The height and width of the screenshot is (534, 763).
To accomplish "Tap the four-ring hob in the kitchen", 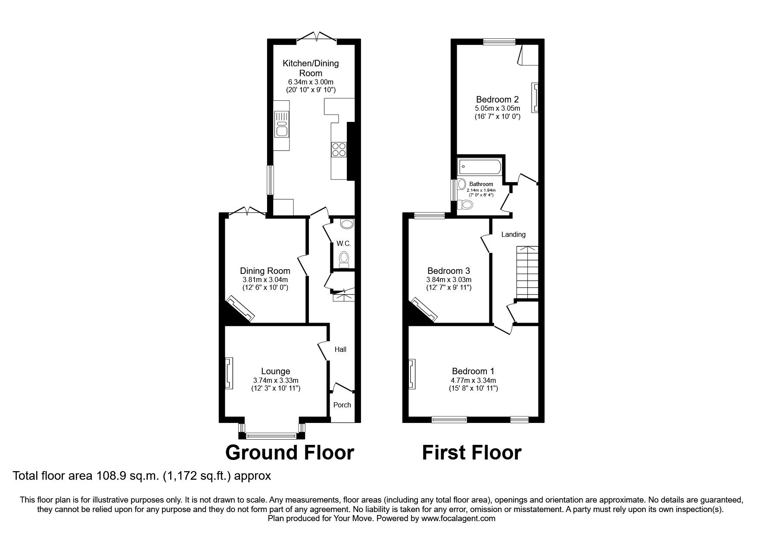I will point(339,149).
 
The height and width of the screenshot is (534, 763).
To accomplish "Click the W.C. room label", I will point(344,243).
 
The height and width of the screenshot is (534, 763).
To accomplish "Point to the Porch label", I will point(342,405).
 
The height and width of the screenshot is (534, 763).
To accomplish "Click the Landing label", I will point(513,235).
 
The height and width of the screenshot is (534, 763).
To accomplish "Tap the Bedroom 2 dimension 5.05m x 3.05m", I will point(497,108).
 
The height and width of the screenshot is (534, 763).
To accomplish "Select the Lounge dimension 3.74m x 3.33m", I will point(276,380).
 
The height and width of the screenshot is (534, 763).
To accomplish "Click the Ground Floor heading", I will point(290,453).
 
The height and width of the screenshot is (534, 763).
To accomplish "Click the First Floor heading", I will point(471,453).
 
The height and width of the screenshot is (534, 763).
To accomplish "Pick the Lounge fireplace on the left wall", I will point(229,373).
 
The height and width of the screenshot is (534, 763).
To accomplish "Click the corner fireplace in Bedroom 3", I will point(425,310).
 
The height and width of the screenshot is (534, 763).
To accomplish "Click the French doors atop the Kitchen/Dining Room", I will point(316,37).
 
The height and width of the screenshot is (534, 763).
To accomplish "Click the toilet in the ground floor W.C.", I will point(344,260).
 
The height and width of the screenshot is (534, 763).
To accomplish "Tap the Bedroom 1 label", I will point(473,371).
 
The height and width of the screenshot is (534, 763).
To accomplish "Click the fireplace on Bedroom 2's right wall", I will point(535,98).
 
